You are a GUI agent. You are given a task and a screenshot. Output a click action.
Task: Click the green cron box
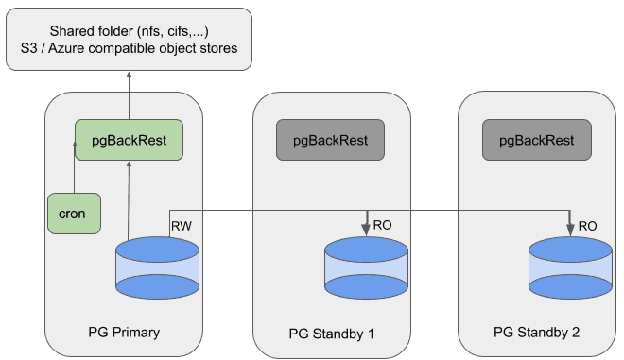72,214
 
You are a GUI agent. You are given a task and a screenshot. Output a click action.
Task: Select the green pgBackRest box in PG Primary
129,140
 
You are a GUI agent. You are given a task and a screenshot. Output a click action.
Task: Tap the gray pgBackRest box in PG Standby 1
329,140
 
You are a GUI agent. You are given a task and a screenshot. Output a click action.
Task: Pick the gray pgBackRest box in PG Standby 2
534,140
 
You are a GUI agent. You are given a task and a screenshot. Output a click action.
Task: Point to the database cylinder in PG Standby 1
366,268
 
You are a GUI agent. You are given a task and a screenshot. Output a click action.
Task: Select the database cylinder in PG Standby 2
570,268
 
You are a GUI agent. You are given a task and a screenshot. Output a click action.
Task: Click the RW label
181,226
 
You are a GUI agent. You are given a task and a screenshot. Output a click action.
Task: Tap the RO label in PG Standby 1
383,226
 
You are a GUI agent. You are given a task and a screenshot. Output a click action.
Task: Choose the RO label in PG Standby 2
587,226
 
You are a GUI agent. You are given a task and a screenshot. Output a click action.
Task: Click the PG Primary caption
124,332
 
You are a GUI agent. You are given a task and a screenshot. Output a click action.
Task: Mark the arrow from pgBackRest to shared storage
129,94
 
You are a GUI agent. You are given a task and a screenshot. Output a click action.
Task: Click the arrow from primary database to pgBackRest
128,198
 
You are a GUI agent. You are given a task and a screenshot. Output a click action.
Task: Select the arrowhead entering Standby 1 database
366,231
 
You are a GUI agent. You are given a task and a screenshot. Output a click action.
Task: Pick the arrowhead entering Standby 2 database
570,231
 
